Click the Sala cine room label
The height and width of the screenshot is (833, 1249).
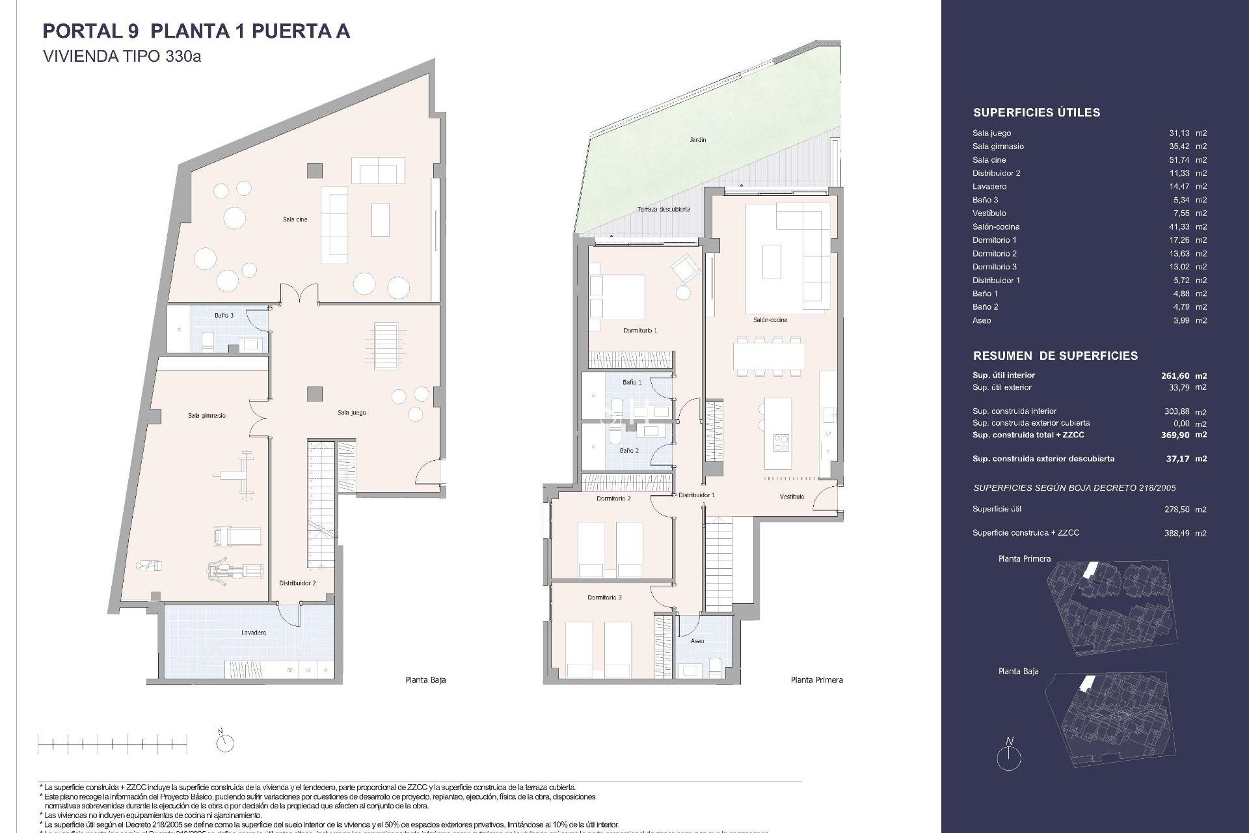point(295,219)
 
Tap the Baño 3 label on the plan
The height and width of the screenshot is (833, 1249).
point(224,316)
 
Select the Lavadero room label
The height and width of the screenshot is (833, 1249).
point(253,633)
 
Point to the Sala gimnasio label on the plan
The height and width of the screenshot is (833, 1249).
point(207,415)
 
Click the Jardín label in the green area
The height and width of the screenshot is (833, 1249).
point(698,140)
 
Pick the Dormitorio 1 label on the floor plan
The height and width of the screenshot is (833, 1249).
point(640,331)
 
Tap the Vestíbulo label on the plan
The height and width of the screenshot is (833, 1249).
point(792,497)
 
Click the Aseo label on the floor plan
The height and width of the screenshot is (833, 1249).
point(697,641)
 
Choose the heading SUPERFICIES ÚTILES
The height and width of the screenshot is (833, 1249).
point(1036,113)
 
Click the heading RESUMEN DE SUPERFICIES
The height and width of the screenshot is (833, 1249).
point(1055,356)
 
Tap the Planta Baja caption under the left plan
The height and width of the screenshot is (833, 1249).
point(425,680)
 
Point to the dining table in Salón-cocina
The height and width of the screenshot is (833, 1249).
point(768,357)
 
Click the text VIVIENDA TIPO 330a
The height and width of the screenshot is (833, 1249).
point(122,57)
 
